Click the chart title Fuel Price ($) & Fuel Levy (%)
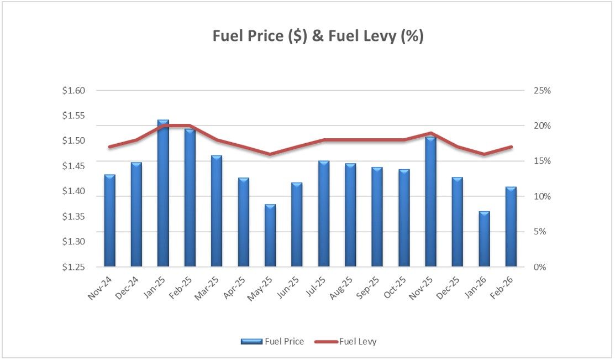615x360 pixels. pos(318,36)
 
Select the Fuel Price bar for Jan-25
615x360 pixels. pos(163,194)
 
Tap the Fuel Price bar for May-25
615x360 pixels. pos(270,236)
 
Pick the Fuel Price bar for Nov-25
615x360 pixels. pos(430,202)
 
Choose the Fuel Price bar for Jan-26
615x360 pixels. pos(484,239)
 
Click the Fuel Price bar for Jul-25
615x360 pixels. pos(324,214)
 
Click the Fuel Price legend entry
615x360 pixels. pos(272,342)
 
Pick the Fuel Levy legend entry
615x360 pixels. pos(345,342)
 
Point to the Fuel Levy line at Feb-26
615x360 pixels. pos(511,147)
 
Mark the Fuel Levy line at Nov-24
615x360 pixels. pos(109,147)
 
